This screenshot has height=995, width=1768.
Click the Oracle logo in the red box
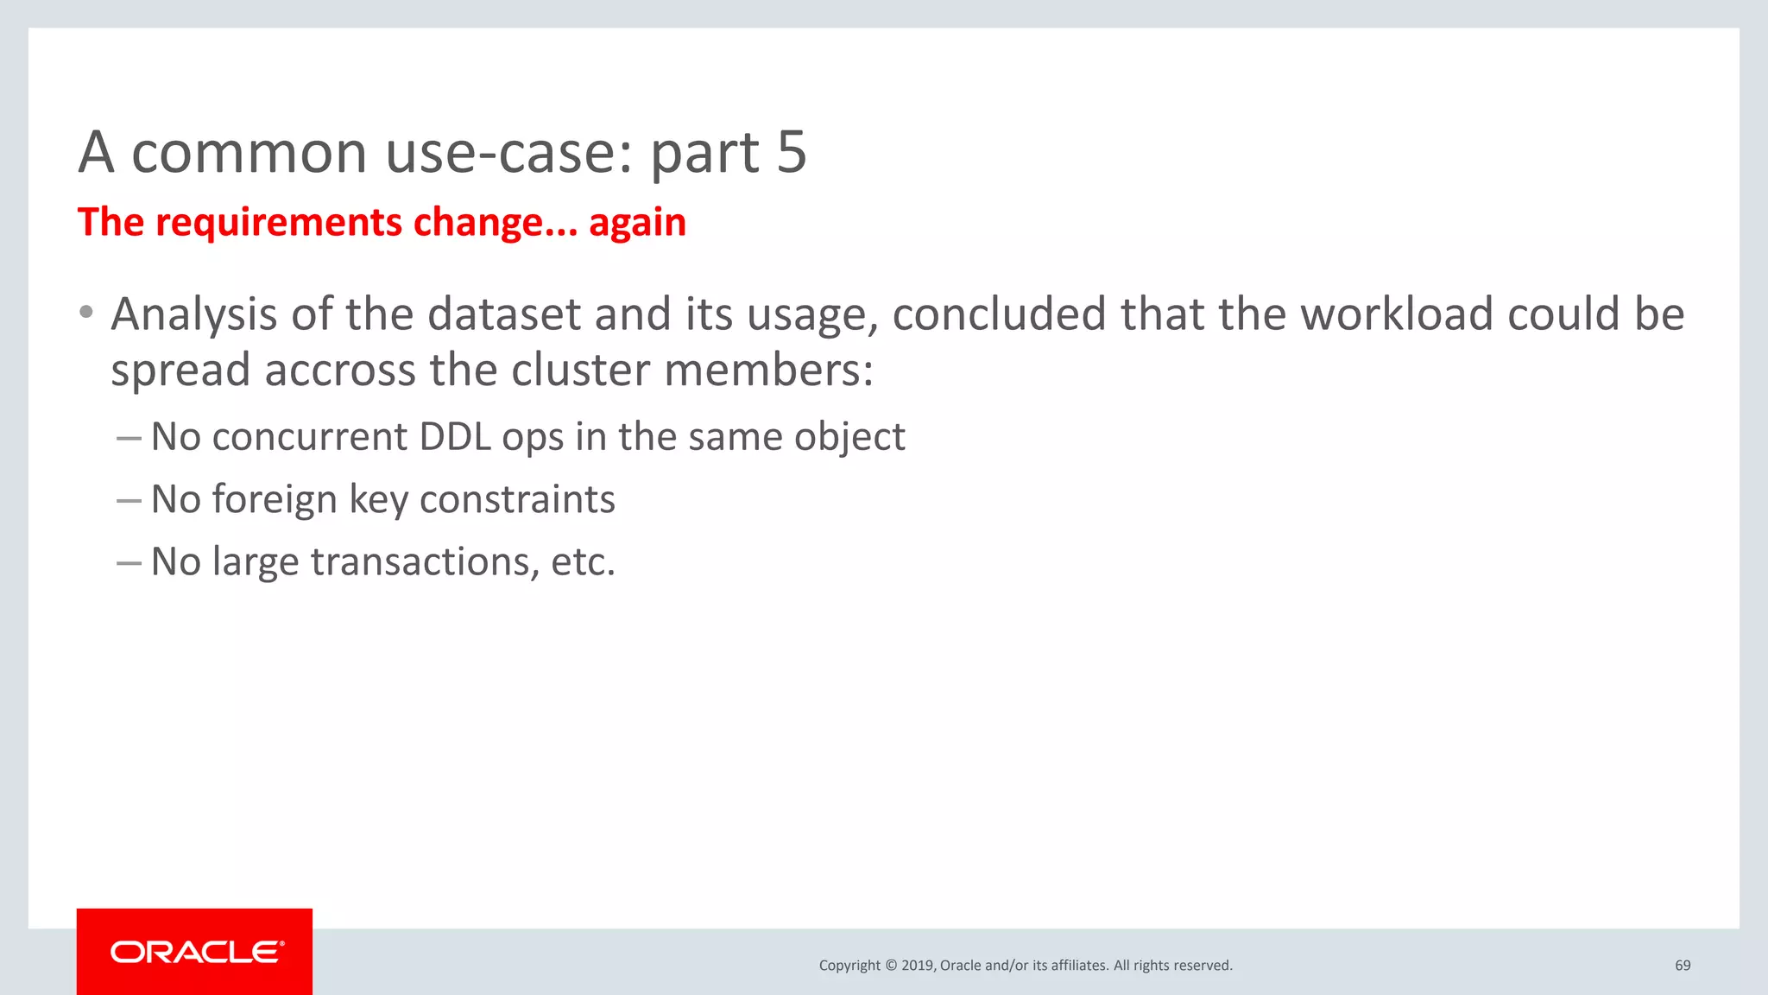point(195,952)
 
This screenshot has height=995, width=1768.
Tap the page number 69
point(1683,966)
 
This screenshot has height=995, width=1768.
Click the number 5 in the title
point(791,153)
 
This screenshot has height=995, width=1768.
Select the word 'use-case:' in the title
point(509,153)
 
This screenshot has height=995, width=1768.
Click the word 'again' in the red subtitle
point(637,223)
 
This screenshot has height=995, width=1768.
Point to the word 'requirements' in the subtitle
point(278,223)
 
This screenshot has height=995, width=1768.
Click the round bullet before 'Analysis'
point(85,312)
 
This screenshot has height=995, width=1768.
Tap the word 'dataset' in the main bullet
point(504,314)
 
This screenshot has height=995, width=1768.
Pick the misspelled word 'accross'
point(340,370)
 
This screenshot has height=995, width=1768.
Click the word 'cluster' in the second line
point(580,370)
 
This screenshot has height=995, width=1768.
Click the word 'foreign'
point(274,500)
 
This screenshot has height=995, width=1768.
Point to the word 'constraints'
point(517,500)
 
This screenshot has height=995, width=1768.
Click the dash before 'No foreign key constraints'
point(129,500)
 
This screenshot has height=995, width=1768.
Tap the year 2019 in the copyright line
point(917,966)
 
